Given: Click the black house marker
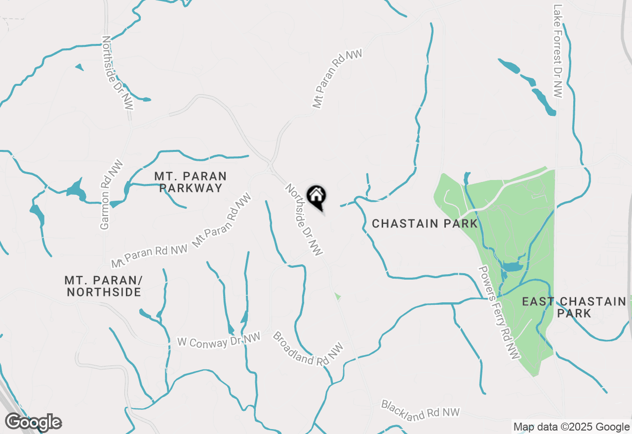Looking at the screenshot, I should [316, 197].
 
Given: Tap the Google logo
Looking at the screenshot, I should [34, 422].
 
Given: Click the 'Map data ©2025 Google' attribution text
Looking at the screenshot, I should [571, 427].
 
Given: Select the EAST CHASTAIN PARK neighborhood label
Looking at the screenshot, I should [574, 307].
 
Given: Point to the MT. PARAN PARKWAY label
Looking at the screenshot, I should [190, 182].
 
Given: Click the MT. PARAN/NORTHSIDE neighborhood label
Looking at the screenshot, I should [104, 286].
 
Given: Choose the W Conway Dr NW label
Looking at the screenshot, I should [219, 340].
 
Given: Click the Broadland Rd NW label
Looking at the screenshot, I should [308, 349].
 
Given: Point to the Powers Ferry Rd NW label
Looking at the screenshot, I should [499, 312].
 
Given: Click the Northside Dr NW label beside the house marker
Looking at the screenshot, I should [304, 220].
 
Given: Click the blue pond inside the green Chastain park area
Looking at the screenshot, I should [512, 267].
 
